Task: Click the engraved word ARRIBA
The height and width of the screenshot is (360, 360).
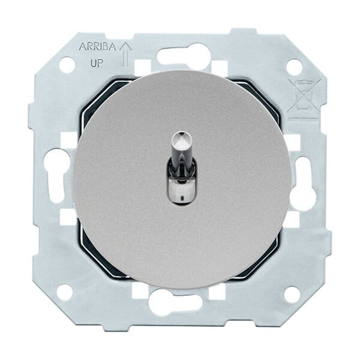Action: tap(97, 47)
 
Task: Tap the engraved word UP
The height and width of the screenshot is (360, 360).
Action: tap(97, 63)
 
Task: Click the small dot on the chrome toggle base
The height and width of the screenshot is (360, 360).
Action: tap(182, 197)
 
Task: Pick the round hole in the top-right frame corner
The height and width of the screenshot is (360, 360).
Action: tap(295, 66)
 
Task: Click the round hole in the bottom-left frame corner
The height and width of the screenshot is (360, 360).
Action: tap(65, 292)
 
